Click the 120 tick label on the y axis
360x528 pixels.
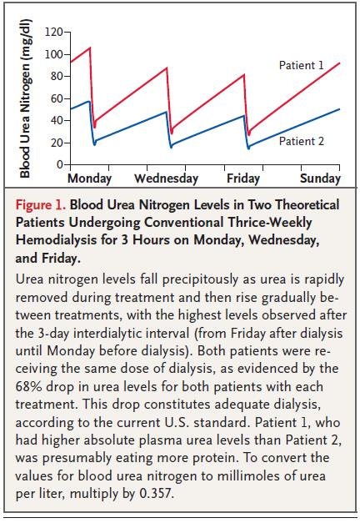54,32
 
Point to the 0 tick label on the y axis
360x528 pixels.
60,164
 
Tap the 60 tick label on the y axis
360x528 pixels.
57,98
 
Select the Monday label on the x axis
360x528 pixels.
89,179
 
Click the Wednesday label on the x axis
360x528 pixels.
166,179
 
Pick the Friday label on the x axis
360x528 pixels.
243,179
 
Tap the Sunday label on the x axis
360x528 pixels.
320,179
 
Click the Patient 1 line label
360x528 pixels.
301,65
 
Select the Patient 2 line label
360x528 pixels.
302,141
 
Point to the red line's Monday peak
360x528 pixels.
90,48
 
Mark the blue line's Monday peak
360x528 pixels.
89,101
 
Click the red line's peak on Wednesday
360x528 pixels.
167,68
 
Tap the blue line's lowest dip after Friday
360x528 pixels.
248,148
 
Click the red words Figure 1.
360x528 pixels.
41,204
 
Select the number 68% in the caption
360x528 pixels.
28,386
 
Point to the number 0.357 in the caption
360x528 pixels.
157,494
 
